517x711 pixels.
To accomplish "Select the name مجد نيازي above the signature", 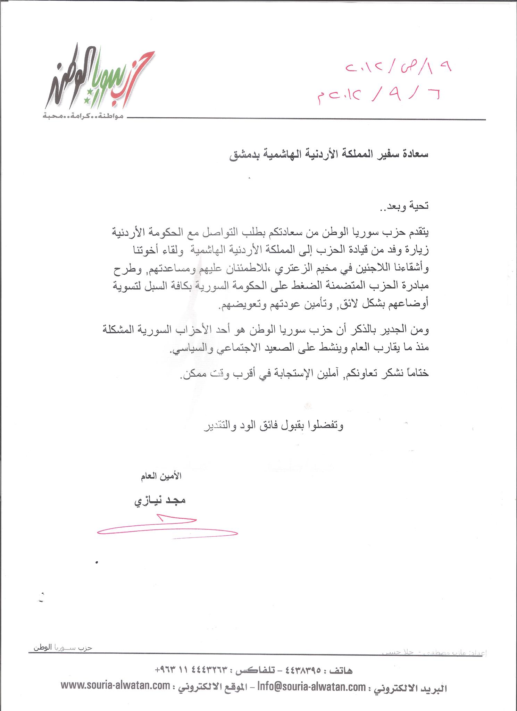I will tap(160, 501).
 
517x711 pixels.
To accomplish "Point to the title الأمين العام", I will tap(160, 476).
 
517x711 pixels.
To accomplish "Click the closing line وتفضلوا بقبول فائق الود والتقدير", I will tap(273, 427).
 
